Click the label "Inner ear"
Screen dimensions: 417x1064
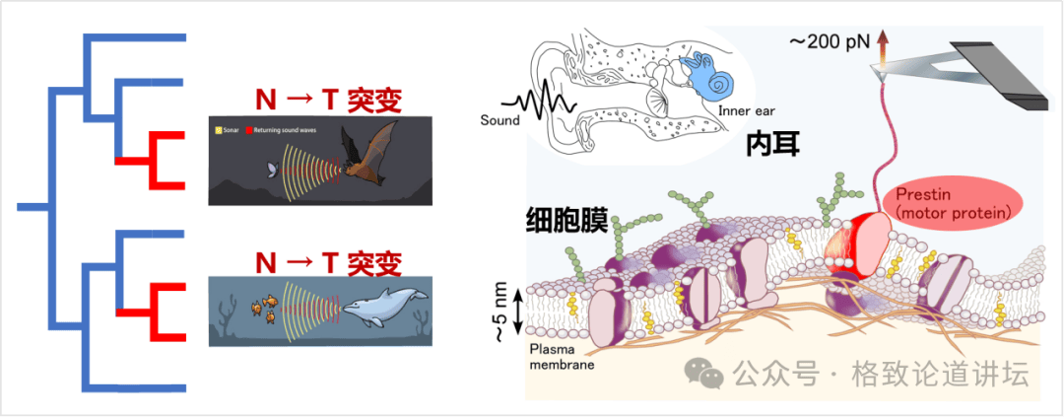point(746,111)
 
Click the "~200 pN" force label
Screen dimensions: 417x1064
point(827,41)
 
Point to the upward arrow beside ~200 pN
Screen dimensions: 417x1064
point(882,44)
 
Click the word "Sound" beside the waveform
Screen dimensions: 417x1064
point(500,121)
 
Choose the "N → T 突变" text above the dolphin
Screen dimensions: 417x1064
point(328,262)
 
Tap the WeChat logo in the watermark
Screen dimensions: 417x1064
point(708,373)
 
